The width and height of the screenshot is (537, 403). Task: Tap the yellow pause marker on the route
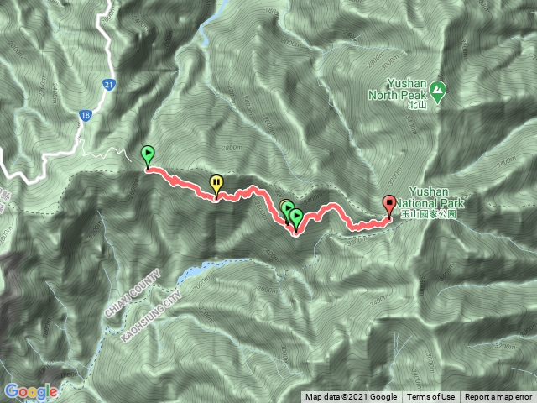pyautogui.click(x=216, y=183)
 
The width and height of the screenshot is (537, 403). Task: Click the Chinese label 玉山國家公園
pyautogui.click(x=428, y=214)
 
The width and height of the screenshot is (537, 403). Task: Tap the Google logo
pyautogui.click(x=31, y=391)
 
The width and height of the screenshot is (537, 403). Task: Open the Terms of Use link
pyautogui.click(x=431, y=397)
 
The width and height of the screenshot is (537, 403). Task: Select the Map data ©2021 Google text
pyautogui.click(x=351, y=397)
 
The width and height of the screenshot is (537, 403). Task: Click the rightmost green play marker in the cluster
pyautogui.click(x=295, y=217)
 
